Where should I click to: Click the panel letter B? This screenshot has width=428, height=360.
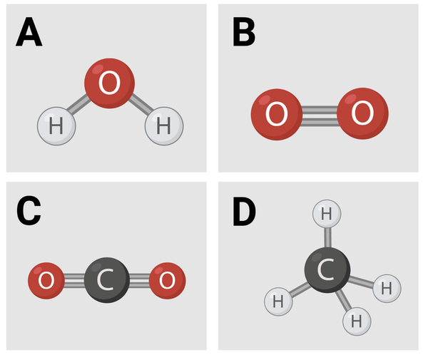pos(244,31)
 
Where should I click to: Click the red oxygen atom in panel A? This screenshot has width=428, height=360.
pos(109,83)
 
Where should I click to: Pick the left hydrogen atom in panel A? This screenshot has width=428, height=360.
pos(56,126)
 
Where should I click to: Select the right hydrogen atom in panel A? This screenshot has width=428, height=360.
pos(164,126)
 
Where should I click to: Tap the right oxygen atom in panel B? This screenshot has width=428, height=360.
pos(362,113)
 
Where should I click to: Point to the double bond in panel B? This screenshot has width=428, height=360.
pos(319,113)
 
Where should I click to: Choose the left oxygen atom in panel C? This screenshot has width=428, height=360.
pos(46,279)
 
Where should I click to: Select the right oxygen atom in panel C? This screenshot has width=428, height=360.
pos(168,279)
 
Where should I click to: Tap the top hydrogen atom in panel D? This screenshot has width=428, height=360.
pos(326,212)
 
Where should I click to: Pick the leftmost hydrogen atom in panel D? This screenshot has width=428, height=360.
pos(277,302)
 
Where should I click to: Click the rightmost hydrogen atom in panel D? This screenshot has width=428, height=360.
pos(387,288)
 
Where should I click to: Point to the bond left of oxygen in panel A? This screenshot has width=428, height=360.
pos(80,106)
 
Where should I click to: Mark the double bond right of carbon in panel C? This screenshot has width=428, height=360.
pos(139,279)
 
